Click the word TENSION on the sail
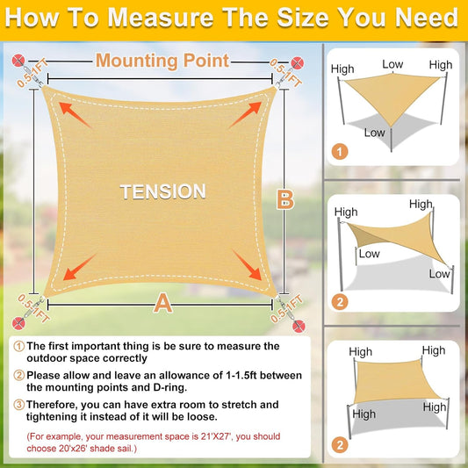coord(162,191)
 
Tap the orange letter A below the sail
coord(162,304)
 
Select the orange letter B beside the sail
coord(284,199)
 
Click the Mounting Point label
coord(162,61)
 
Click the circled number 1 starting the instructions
coord(18,347)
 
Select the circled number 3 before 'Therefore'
coord(18,405)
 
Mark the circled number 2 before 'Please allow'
coord(18,376)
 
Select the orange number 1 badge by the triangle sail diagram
coord(339,152)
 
